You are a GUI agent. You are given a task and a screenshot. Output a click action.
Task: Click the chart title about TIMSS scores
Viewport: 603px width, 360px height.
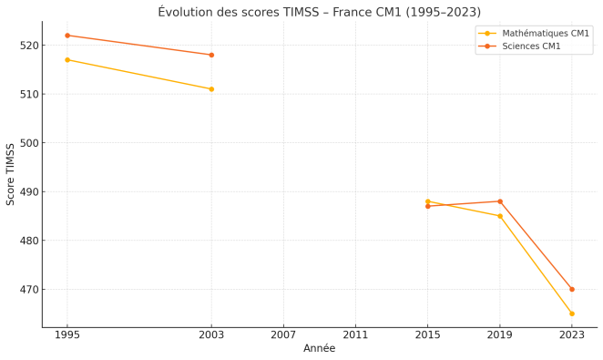click(319, 12)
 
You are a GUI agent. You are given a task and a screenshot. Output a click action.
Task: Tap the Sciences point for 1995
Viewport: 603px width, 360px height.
click(67, 36)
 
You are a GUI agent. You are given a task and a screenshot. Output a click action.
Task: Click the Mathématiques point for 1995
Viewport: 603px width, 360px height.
click(67, 60)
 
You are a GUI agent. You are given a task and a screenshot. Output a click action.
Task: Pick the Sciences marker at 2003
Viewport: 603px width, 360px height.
click(211, 55)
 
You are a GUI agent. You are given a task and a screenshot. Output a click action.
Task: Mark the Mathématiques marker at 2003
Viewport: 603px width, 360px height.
click(211, 89)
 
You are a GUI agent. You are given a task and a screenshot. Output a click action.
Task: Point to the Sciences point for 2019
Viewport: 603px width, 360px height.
click(500, 201)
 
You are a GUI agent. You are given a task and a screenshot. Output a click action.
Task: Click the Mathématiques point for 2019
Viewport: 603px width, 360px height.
click(500, 216)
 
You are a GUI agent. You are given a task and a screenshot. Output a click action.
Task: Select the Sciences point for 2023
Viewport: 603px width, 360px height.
click(572, 290)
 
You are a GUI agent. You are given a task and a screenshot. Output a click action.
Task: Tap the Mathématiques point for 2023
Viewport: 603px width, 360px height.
click(572, 314)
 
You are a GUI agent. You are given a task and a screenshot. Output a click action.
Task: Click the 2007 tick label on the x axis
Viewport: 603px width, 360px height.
click(283, 335)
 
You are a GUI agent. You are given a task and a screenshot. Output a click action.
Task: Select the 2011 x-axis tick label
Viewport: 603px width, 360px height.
click(355, 335)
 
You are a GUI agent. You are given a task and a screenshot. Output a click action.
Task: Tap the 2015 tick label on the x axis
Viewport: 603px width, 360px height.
click(427, 335)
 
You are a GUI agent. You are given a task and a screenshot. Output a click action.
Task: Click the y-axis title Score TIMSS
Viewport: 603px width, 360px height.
click(11, 173)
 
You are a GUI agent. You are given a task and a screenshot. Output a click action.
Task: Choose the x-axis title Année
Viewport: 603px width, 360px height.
click(319, 349)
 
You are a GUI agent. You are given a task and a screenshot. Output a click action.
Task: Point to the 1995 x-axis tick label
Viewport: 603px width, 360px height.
click(67, 335)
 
